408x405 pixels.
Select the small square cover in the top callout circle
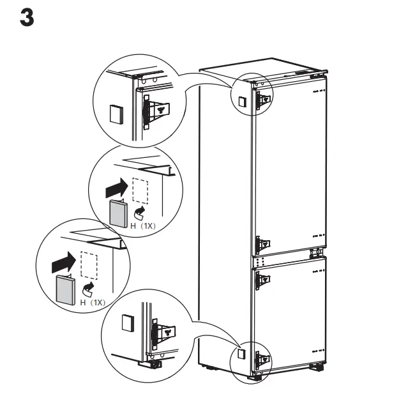(114, 113)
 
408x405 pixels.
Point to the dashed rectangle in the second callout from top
(140, 191)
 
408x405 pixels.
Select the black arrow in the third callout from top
(63, 261)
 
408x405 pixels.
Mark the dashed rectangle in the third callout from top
(89, 264)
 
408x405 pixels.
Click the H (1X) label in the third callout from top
(93, 302)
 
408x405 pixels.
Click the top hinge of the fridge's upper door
(262, 98)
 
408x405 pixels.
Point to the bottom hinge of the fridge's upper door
(262, 244)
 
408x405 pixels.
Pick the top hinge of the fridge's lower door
(262, 279)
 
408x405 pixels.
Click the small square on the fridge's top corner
(242, 102)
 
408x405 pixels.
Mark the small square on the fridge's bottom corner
(241, 353)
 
